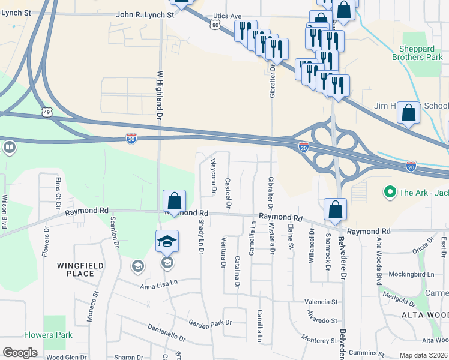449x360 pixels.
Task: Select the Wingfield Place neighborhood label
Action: coord(80,269)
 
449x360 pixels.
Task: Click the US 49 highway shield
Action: coord(47,112)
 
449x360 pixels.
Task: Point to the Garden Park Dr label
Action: coord(210,323)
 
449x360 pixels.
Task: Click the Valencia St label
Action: coord(321,302)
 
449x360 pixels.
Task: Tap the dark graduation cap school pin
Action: coord(167,241)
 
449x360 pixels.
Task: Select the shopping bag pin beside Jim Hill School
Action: coord(408,113)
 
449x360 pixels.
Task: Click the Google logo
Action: coord(20,353)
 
